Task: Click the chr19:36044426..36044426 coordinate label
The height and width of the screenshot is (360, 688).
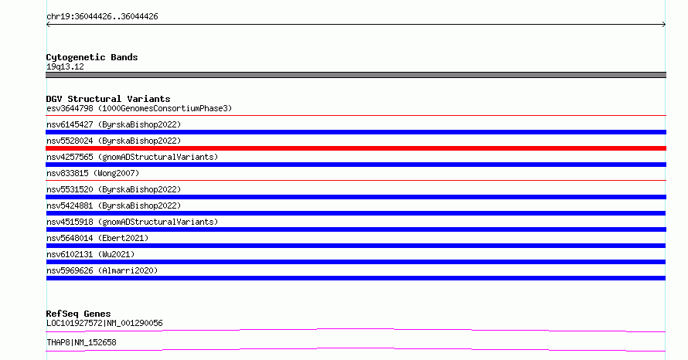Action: tap(102, 17)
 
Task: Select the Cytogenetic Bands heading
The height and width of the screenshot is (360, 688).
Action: tap(92, 57)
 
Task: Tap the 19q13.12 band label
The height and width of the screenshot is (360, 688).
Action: tap(65, 66)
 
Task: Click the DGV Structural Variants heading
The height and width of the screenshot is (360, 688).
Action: tap(108, 99)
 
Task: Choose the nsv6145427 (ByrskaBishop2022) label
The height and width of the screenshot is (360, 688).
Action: tap(114, 124)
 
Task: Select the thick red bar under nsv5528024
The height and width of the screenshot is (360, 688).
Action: tap(356, 148)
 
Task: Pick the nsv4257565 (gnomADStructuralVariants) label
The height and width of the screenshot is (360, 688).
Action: tap(132, 157)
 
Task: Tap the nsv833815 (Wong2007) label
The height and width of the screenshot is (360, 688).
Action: tap(93, 173)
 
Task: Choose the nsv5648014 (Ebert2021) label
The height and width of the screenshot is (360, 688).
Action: tap(97, 238)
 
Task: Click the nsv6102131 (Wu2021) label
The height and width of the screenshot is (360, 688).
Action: tap(90, 254)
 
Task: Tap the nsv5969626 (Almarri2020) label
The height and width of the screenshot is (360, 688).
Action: tap(102, 270)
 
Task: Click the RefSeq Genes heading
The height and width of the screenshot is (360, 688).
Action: tap(78, 314)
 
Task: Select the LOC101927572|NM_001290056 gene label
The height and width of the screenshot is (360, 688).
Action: tap(104, 323)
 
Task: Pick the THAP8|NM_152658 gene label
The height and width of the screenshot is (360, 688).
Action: tap(81, 342)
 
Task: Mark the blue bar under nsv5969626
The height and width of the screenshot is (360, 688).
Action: tap(356, 278)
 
